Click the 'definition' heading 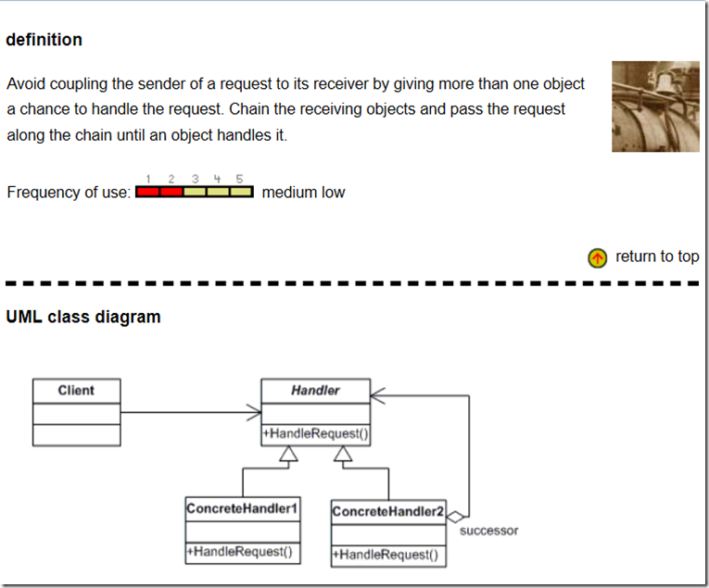tap(44, 40)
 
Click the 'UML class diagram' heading tap(83, 317)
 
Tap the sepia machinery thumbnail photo tap(655, 106)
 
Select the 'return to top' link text tap(657, 256)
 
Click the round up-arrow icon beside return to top tap(598, 257)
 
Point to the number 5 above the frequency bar tap(239, 178)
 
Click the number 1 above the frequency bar tap(148, 178)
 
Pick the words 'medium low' tap(303, 193)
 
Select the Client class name tap(76, 391)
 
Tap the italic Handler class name tap(315, 391)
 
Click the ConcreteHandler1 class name tap(242, 508)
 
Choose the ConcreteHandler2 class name tap(388, 511)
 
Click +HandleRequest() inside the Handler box tap(316, 433)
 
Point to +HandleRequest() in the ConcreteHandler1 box tap(243, 552)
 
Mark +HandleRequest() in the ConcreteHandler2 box tap(388, 555)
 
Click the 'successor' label tap(488, 531)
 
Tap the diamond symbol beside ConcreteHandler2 tap(455, 516)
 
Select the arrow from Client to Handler tap(190, 412)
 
